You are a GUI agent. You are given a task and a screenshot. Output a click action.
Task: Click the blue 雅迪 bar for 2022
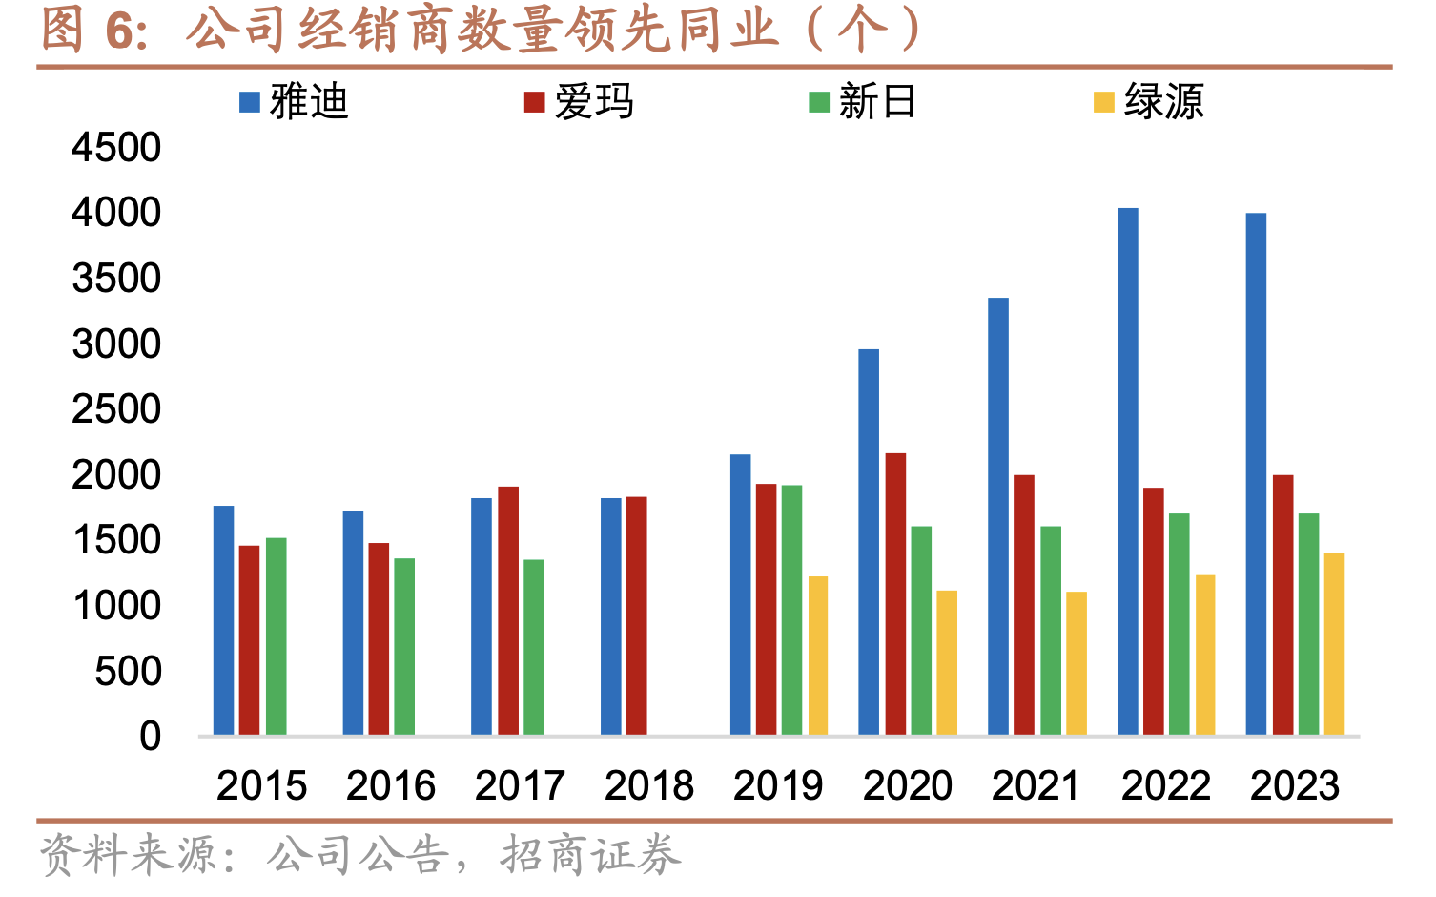coord(1127,471)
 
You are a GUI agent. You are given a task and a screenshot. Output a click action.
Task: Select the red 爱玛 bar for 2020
coord(895,594)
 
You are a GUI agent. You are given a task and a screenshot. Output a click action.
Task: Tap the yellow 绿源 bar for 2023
coord(1334,644)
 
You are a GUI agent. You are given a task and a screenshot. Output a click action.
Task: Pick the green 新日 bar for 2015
coord(276,636)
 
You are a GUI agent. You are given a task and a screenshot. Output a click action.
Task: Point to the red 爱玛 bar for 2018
coord(636,615)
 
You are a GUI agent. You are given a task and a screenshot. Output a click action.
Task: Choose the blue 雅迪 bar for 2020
coord(869,542)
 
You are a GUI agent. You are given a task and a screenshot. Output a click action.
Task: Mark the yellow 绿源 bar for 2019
coord(818,656)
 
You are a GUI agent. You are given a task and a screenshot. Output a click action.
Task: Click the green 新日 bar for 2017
coord(534,647)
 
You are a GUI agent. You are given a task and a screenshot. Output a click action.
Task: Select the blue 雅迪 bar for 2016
coord(353,622)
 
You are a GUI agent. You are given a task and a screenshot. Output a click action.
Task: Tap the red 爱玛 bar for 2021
coord(1024,605)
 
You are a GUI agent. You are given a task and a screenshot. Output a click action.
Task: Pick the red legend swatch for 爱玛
coord(534,102)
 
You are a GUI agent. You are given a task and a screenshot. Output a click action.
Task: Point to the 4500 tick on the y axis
coord(116,148)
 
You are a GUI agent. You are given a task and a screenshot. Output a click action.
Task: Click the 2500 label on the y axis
coord(116,409)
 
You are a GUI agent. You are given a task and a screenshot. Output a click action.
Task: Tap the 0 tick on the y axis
coord(150,737)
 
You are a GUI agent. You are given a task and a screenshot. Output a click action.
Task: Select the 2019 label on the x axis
coord(778,786)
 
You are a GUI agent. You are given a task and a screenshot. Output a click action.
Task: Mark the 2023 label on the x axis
coord(1295,786)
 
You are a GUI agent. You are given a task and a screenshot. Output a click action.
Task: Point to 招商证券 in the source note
coord(591,855)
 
